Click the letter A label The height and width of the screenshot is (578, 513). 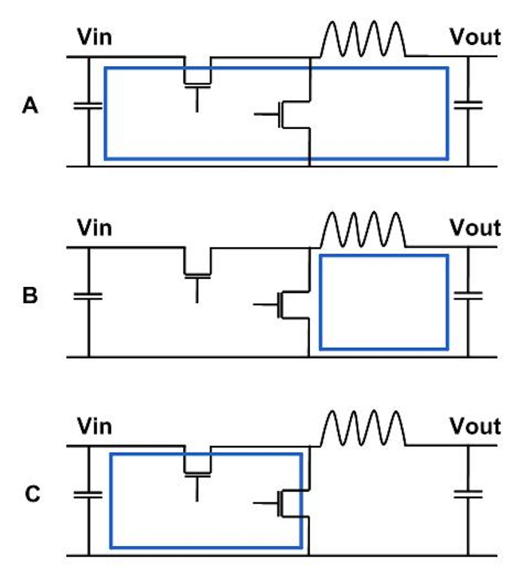pos(30,106)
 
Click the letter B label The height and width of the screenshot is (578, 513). pos(30,295)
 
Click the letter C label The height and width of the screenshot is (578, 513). pos(33,493)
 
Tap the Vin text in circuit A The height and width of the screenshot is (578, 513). pos(94,37)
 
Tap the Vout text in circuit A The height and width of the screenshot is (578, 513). pos(475,37)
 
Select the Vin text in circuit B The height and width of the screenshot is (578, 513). pos(94,227)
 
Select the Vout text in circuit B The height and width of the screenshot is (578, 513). pos(475,227)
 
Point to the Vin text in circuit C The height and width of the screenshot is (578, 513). pos(94,426)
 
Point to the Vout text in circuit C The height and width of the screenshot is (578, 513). pos(475,426)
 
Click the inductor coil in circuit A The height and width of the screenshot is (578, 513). pos(363,38)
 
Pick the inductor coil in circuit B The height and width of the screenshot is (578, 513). pos(363,229)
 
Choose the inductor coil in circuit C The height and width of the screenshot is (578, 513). pos(363,427)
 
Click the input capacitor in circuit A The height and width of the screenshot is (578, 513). pos(88,106)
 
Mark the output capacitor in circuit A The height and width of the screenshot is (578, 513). pos(468,105)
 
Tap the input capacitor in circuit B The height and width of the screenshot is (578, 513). pos(88,296)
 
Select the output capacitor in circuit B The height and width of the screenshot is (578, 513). pos(468,295)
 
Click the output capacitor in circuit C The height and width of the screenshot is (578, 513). pos(468,494)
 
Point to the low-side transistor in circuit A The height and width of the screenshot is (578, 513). pos(283,114)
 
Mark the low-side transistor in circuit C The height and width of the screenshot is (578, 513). pos(282,503)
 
